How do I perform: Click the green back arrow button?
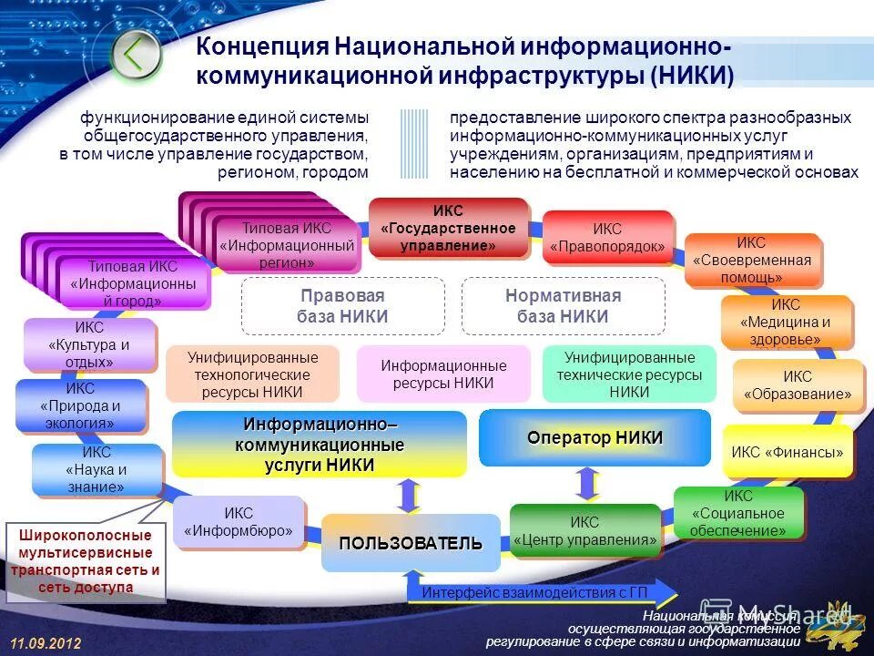(135, 55)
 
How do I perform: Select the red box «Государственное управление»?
(449, 228)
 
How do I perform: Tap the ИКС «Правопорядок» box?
(607, 238)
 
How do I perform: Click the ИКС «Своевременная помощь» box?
(751, 260)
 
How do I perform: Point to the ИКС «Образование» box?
(798, 385)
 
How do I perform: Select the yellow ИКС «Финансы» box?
(788, 451)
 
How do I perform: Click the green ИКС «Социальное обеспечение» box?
(738, 513)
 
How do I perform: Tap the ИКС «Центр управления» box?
(584, 530)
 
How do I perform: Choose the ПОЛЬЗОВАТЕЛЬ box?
(411, 543)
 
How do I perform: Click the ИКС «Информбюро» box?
(239, 522)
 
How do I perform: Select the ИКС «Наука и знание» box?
(97, 469)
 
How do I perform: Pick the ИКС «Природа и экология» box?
(80, 405)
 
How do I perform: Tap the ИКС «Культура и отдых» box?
(89, 343)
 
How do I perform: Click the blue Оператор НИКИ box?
(595, 437)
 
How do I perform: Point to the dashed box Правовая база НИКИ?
(342, 306)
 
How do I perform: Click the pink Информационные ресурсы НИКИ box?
(443, 374)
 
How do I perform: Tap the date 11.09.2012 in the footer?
(46, 643)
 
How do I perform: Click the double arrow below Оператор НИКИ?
(587, 483)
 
